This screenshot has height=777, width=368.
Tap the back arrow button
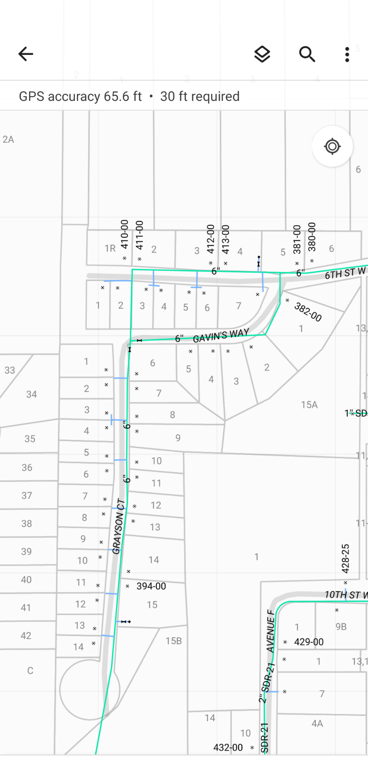[x=26, y=54]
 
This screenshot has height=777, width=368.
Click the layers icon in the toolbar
[x=262, y=54]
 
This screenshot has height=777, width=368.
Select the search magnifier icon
[x=307, y=54]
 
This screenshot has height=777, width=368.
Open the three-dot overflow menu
[x=347, y=54]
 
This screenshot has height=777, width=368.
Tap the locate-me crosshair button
[x=332, y=147]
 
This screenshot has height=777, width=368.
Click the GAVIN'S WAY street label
[x=221, y=336]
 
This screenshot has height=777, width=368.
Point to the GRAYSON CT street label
[x=119, y=527]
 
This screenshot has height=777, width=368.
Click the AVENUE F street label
[x=270, y=631]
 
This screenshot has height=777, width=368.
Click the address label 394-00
[x=151, y=586]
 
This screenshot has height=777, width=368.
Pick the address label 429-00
[x=309, y=642]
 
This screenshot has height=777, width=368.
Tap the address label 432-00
[x=228, y=748]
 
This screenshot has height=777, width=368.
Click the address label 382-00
[x=308, y=312]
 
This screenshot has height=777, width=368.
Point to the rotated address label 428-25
[x=345, y=558]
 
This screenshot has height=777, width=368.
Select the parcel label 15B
[x=174, y=641]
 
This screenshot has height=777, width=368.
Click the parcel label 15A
[x=309, y=405]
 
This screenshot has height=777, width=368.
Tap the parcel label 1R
[x=110, y=248]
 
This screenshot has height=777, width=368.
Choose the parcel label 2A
[x=8, y=139]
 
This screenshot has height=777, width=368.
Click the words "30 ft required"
[x=200, y=96]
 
